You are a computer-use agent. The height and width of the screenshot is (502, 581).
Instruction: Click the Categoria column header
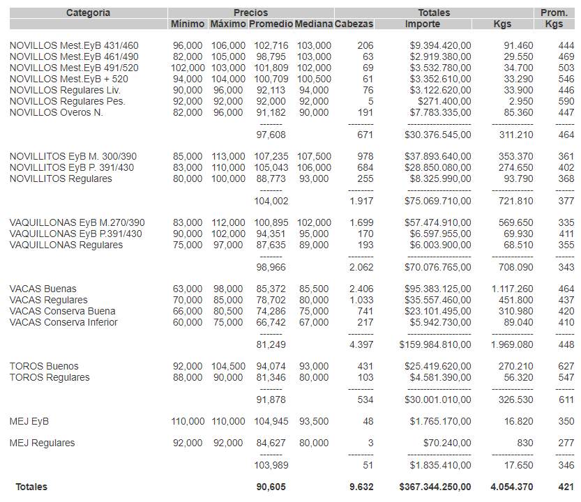[88, 13]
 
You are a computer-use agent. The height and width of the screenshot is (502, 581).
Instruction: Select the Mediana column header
[313, 24]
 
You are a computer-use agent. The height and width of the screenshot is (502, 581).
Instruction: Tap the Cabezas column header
[354, 24]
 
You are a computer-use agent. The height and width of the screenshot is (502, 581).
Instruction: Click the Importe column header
[422, 24]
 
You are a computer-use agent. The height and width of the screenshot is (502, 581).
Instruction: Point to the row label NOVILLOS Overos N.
[56, 113]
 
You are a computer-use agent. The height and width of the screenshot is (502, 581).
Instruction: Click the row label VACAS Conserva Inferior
[63, 322]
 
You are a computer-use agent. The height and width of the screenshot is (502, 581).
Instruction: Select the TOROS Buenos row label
[44, 366]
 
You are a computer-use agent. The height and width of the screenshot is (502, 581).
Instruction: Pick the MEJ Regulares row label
[42, 443]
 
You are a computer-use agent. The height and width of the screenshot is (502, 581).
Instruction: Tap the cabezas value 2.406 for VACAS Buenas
[361, 289]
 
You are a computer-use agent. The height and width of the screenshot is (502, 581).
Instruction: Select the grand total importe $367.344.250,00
[435, 487]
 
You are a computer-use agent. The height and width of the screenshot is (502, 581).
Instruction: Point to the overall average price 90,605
[271, 487]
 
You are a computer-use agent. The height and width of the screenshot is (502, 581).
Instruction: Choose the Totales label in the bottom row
[32, 487]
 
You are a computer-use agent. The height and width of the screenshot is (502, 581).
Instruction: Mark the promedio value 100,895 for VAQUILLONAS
[271, 222]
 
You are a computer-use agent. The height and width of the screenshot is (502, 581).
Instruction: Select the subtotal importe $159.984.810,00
[435, 344]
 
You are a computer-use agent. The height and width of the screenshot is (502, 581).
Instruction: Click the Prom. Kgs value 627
[566, 366]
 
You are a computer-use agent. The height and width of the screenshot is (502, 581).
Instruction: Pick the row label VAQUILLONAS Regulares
[66, 245]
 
